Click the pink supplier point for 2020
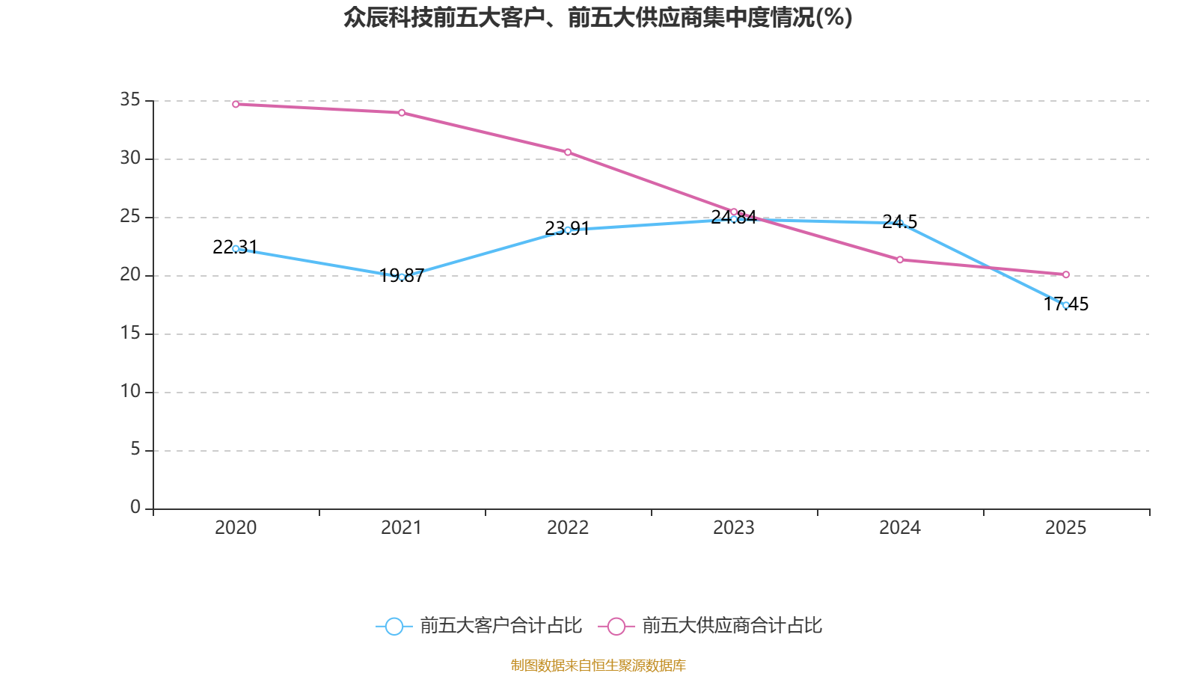pos(236,104)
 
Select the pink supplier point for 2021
pos(402,113)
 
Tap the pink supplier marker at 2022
pos(568,152)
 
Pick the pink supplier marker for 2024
pos(900,259)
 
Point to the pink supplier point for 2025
pos(1066,274)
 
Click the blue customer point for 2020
pos(236,248)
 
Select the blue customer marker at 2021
pos(402,277)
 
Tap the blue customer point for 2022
pos(568,230)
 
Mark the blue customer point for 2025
pos(1066,305)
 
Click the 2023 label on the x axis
pos(734,528)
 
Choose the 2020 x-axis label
pos(236,528)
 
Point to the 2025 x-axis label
pos(1066,528)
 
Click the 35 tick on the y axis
pos(130,99)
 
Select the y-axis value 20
pos(130,274)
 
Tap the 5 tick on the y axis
pos(135,449)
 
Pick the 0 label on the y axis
pos(135,507)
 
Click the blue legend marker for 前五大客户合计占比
pos(394,626)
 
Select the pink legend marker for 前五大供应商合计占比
pos(616,626)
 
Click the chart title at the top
pos(598,17)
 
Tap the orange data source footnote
pos(598,665)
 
